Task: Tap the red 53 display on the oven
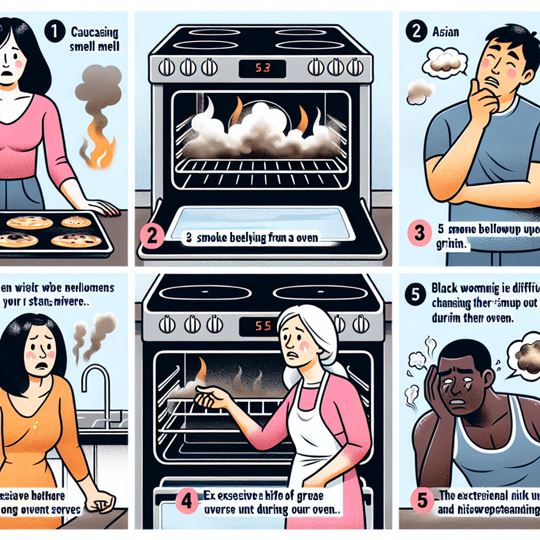pos(262,68)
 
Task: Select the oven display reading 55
pos(262,326)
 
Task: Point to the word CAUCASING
pos(94,32)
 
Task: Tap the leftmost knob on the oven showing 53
pos(167,67)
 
